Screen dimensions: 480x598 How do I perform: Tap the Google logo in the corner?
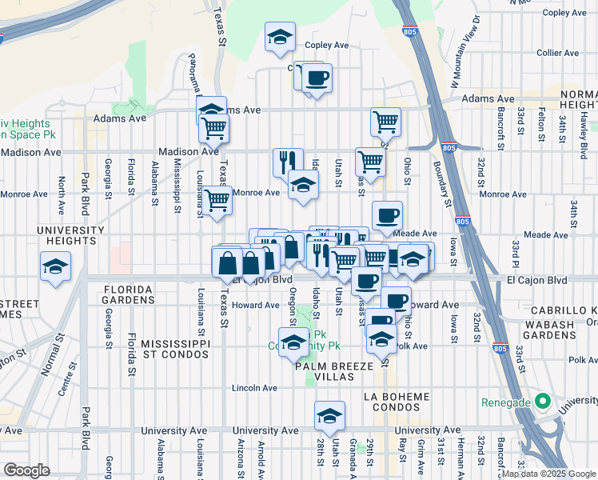[27, 470]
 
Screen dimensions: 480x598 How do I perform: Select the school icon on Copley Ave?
[280, 38]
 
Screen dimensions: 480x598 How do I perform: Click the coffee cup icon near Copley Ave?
[317, 78]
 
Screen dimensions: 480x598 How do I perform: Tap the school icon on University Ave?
[329, 416]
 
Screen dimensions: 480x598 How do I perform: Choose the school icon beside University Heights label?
[56, 266]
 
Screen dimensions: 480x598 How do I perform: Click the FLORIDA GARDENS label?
[122, 294]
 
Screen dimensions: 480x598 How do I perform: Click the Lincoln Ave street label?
[254, 388]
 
